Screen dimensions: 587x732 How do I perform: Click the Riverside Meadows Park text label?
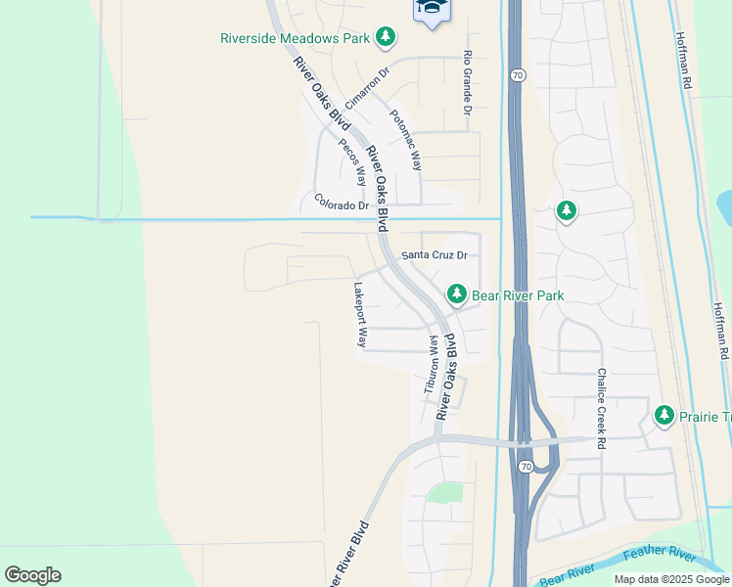pos(296,38)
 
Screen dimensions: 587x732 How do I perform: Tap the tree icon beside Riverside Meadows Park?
pos(387,37)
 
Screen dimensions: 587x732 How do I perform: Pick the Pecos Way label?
pos(352,160)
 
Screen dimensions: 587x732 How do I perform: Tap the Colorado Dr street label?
pos(342,203)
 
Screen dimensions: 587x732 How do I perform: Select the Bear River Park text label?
pos(518,294)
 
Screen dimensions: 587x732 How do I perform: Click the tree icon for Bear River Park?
pos(456,293)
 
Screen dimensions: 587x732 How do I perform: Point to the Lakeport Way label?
pos(359,316)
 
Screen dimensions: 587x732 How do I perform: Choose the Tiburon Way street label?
pos(430,364)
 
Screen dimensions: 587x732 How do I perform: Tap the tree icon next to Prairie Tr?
pos(664,416)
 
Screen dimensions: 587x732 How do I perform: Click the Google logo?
pos(32,575)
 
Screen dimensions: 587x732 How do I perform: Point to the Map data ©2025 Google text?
pos(671,579)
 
